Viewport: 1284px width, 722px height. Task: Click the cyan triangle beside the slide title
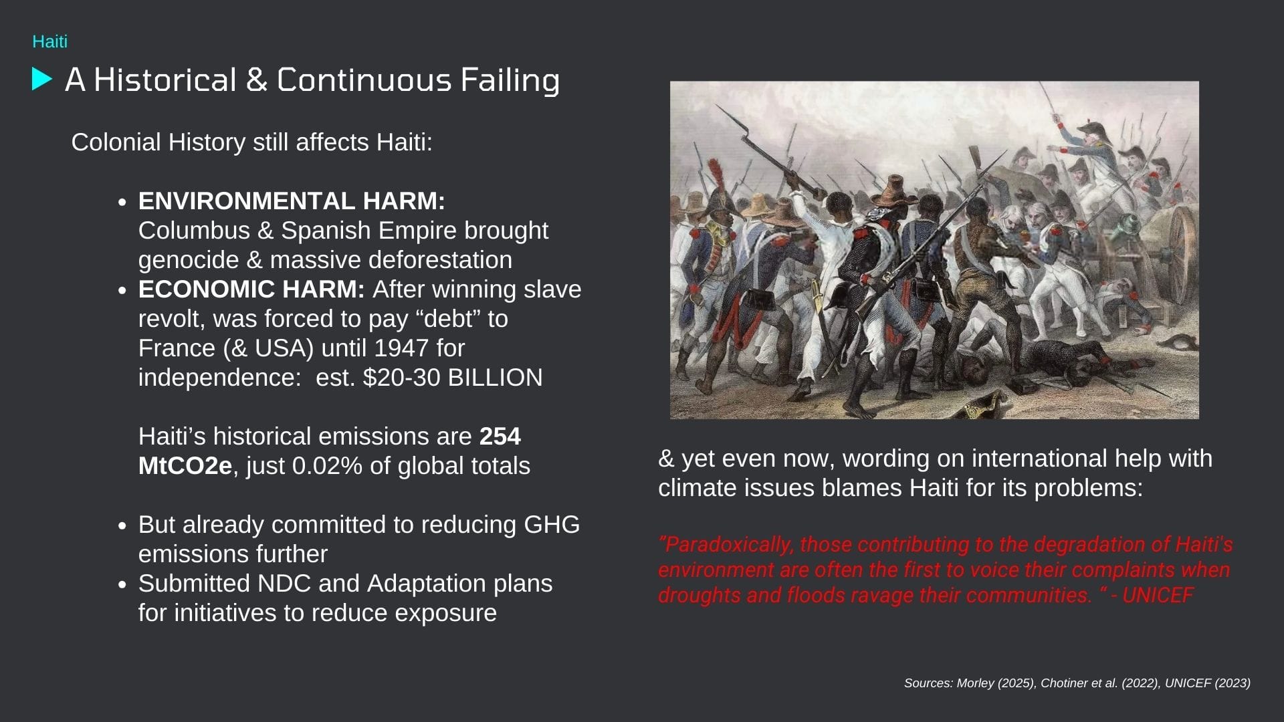[x=41, y=79]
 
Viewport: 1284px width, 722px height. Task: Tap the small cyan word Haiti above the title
[x=50, y=41]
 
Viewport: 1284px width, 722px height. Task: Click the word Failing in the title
[x=510, y=80]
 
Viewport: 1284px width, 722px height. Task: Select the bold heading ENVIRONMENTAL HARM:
[x=292, y=201]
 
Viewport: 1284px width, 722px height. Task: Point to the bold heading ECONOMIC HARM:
[x=251, y=289]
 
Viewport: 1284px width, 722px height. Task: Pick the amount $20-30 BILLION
[x=453, y=378]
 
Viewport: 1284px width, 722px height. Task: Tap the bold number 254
[x=500, y=436]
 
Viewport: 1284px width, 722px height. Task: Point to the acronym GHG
[x=552, y=524]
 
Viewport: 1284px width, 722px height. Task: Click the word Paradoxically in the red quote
[x=726, y=545]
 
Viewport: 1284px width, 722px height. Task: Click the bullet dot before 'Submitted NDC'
[x=122, y=584]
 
